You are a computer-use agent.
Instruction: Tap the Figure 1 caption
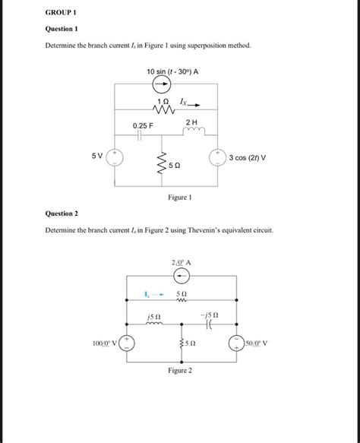tap(180, 197)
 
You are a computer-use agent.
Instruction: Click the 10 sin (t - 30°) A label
tap(172, 72)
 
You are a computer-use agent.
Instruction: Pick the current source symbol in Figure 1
tap(162, 86)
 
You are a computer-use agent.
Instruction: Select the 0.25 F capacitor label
tap(142, 125)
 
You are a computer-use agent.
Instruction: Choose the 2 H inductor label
tap(191, 122)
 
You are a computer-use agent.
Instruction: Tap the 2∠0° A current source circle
tap(181, 277)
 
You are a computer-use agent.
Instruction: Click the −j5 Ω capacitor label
tap(210, 313)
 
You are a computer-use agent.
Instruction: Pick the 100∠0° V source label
tap(103, 343)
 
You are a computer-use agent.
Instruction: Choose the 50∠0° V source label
tap(261, 343)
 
